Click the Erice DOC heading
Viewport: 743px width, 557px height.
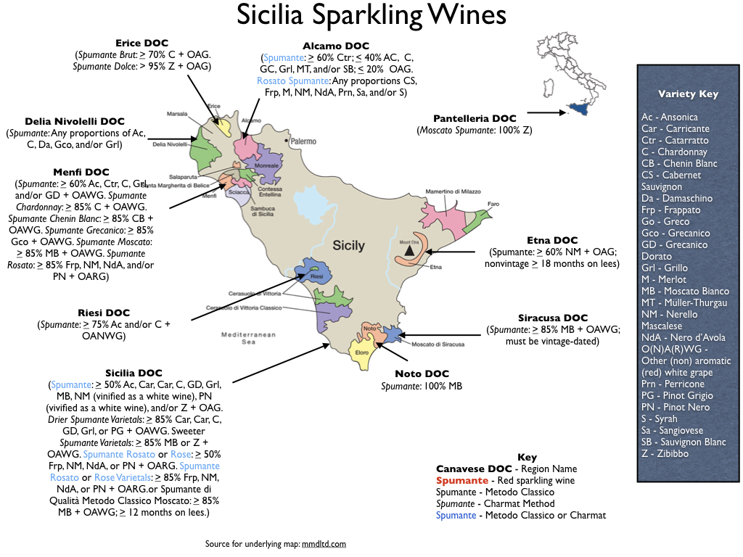[142, 44]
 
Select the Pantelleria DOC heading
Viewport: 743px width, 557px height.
[475, 118]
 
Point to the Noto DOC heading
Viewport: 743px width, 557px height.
[422, 374]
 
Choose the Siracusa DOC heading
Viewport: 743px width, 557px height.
[553, 318]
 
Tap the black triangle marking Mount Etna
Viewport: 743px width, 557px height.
[409, 250]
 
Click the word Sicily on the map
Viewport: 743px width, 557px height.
[348, 245]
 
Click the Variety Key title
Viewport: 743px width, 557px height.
[688, 94]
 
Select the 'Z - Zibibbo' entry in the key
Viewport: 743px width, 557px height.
[665, 453]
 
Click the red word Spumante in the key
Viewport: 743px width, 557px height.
[461, 481]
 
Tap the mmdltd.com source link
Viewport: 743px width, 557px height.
[324, 543]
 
